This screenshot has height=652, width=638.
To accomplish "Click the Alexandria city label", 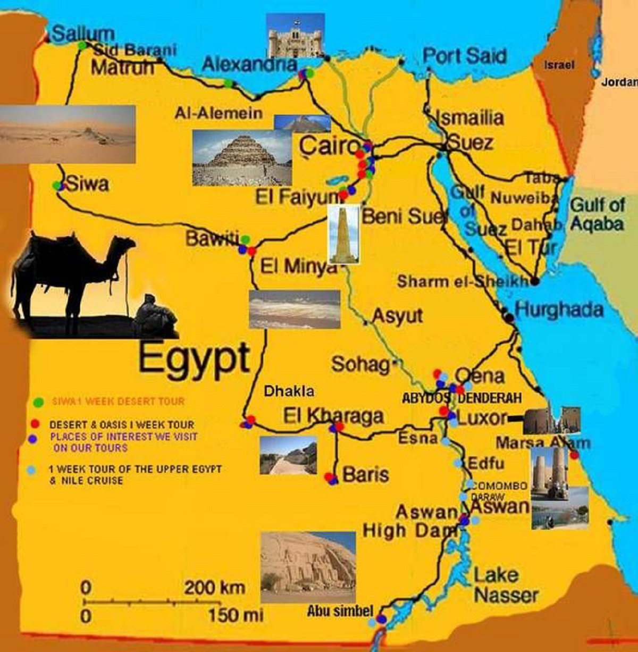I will [x=249, y=65].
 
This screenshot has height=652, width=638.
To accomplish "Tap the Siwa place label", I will [x=88, y=185].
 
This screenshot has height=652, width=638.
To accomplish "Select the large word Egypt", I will [x=194, y=357].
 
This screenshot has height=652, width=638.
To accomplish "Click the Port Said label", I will [x=465, y=56].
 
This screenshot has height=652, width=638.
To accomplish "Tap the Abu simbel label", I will [x=340, y=611].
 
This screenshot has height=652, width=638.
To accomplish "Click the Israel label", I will [x=559, y=65].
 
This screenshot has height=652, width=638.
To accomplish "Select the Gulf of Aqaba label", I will [x=597, y=214].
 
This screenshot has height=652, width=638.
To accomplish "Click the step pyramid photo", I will [x=242, y=157].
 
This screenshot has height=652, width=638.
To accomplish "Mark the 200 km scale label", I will [x=215, y=588].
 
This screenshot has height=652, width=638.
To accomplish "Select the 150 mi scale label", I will [x=236, y=615].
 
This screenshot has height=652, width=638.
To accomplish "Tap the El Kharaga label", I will [x=333, y=415].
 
